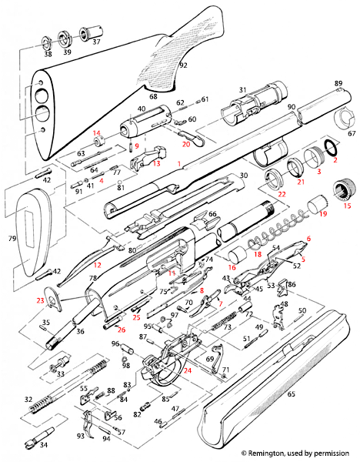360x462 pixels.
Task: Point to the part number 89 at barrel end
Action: point(337,83)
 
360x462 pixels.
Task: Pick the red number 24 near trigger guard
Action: point(187,370)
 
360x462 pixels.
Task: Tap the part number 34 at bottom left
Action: point(43,445)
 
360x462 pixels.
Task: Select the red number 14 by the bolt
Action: point(97,132)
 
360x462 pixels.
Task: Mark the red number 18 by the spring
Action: point(258,253)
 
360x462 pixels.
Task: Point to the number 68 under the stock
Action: point(152,96)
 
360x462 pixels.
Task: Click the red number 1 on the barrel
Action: point(178,164)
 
